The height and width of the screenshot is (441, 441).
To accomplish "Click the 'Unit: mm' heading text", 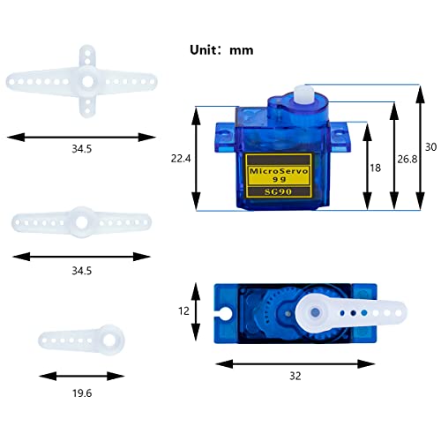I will (221, 50).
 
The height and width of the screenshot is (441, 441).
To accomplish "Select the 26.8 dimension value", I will (407, 159).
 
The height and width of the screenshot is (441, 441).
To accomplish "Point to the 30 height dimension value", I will (430, 148).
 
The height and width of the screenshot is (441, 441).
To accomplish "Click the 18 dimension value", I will (376, 167).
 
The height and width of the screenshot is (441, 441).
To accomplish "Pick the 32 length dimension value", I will (295, 376).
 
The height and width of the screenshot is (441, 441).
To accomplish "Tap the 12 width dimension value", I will (183, 311).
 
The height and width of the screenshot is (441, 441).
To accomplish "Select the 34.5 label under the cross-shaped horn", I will (82, 150).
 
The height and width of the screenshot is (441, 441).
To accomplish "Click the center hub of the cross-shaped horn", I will (88, 81).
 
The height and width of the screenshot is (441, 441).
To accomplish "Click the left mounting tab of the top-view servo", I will (222, 313).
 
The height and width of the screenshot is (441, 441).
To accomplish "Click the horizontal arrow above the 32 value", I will (295, 362).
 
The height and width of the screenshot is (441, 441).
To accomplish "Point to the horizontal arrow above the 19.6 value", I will (80, 373).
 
